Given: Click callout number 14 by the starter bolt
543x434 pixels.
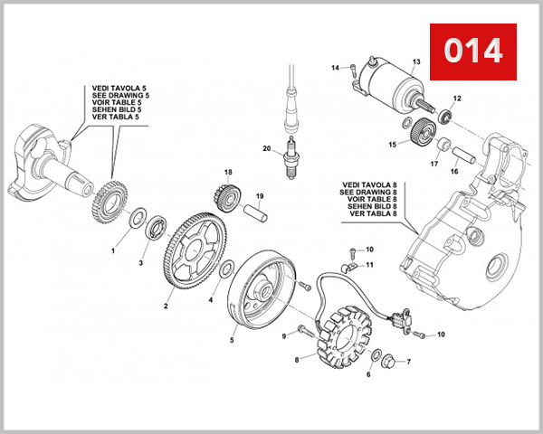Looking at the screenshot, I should pyautogui.click(x=334, y=68).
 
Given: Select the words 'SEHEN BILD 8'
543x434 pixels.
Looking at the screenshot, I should pyautogui.click(x=367, y=207).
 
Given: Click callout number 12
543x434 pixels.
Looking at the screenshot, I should pyautogui.click(x=457, y=99).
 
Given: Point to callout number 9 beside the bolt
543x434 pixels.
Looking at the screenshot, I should pyautogui.click(x=283, y=336).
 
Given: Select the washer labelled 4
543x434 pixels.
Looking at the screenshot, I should pyautogui.click(x=229, y=269).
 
